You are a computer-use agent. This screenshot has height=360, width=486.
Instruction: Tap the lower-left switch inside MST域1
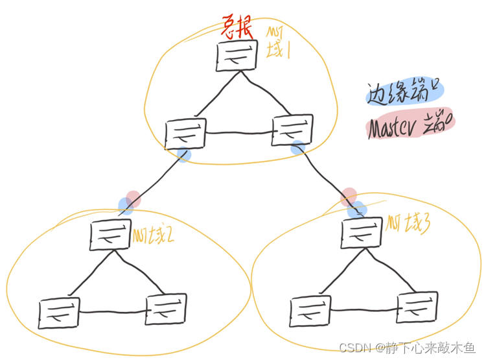(x=186, y=133)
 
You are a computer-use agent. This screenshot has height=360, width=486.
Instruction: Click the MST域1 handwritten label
(x=279, y=43)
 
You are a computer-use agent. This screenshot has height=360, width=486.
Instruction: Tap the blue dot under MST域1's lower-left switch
(x=184, y=154)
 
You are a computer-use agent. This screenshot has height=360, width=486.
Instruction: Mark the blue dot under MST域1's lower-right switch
(x=297, y=148)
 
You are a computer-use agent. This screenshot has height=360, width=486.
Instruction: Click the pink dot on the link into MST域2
(x=133, y=197)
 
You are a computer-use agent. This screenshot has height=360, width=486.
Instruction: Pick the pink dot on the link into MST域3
(x=349, y=195)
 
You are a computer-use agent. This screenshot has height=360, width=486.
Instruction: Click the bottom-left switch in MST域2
(x=59, y=313)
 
